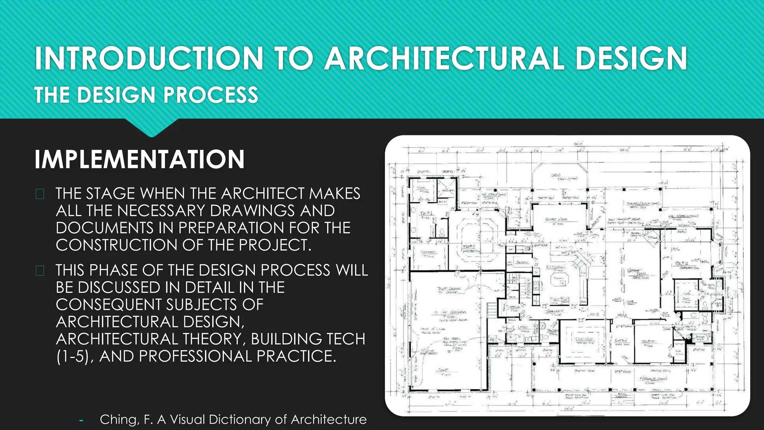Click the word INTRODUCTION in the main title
(149, 58)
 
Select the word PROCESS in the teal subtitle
(211, 95)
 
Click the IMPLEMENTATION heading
(140, 159)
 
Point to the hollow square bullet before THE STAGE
(40, 194)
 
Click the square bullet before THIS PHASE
(40, 271)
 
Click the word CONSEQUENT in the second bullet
(109, 305)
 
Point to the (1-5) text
(75, 356)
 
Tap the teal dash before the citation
(81, 421)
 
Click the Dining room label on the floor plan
(584, 339)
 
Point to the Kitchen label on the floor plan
(556, 267)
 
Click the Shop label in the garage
(443, 370)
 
